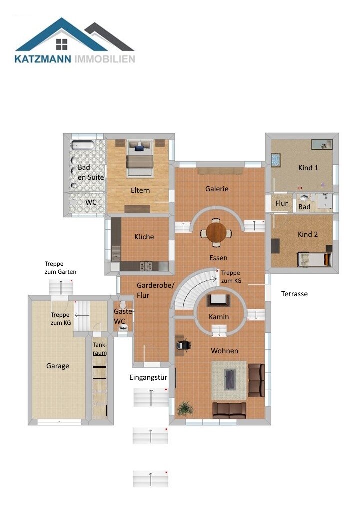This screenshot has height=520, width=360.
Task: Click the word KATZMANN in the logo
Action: pos(43,59)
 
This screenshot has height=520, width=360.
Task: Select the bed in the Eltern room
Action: pos(140,158)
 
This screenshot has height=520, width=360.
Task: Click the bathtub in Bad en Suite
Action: pos(83,145)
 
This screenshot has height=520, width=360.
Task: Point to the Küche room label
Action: pos(144,237)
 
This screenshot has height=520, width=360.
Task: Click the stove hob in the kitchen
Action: pos(146,266)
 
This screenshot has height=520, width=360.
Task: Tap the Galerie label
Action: pos(217,189)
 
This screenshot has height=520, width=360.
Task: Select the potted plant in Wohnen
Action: pos(185,408)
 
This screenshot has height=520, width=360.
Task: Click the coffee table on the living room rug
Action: pos(230,379)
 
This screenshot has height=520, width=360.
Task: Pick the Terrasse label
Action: pos(294,294)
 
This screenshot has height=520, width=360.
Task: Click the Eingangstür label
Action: pos(148,377)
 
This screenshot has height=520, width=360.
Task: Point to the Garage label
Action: pos(58,366)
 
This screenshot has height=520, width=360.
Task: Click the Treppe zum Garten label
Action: pos(60,268)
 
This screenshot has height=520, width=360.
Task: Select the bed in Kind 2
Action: pos(314,259)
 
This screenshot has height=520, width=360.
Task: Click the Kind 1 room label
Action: pos(308,168)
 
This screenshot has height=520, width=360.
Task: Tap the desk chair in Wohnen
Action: pos(184,345)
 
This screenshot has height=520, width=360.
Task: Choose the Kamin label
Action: pos(219,317)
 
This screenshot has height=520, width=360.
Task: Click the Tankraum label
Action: pos(100,349)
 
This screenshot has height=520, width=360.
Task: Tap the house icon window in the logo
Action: pos(61,44)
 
